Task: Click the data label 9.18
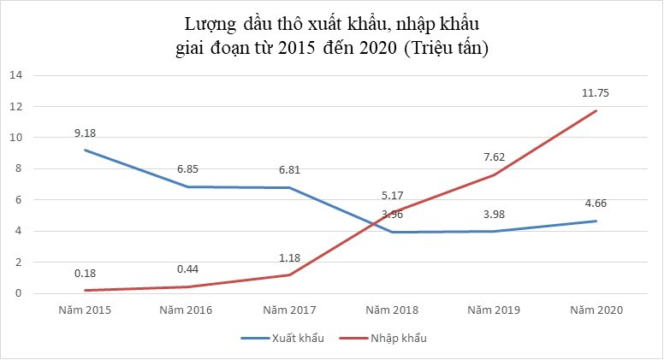pos(85,133)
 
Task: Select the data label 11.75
pos(596,93)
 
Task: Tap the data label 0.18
pos(85,273)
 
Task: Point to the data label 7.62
pos(494,157)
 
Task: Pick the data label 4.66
pos(596,204)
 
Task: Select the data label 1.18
pos(289,257)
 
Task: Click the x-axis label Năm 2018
pos(391,309)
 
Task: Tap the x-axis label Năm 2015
pos(84,309)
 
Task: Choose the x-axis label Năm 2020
pos(596,309)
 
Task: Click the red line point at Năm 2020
pos(596,110)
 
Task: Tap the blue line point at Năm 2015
pos(84,150)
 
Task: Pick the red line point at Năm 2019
pos(494,174)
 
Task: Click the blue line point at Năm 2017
pos(289,187)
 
